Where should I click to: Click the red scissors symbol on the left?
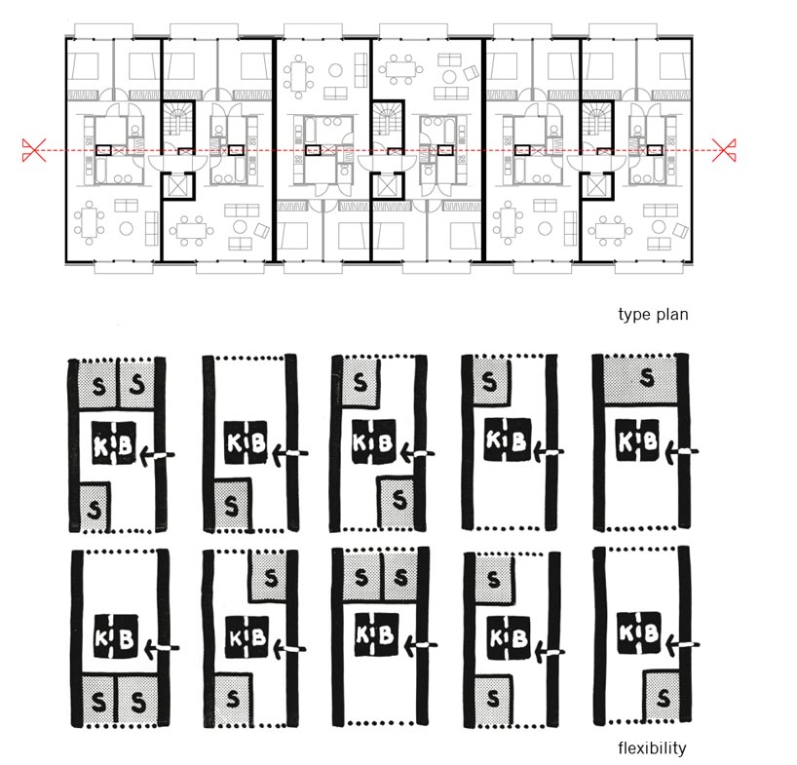[34, 150]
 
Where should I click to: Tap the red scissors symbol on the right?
[724, 150]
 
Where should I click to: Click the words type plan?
[653, 314]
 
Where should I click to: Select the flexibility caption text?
[652, 748]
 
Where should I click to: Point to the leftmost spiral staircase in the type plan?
[178, 120]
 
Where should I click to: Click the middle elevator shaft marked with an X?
[388, 186]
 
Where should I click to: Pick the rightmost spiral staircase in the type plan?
[596, 120]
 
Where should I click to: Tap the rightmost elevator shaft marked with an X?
[596, 186]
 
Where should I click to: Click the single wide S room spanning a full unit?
[640, 379]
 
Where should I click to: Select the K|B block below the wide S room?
[638, 440]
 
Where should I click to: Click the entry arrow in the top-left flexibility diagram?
[159, 454]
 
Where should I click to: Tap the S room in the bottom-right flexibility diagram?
[662, 697]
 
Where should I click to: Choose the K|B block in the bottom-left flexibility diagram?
[116, 637]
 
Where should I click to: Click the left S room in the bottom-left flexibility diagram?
[98, 701]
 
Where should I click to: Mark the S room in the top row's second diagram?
[232, 505]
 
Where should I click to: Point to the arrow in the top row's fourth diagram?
[548, 451]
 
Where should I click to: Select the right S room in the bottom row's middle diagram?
[400, 577]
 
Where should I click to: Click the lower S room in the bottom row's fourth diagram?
[491, 700]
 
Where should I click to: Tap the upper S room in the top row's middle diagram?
[360, 382]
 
